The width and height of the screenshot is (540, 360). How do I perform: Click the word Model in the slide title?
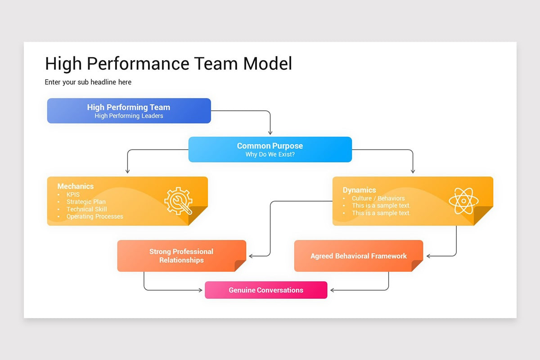pyautogui.click(x=267, y=63)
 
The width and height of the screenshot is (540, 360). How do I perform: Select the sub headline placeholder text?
pyautogui.click(x=88, y=82)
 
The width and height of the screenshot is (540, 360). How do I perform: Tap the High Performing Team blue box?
pyautogui.click(x=129, y=111)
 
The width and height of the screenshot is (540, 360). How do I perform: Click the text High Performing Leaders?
pyautogui.click(x=129, y=116)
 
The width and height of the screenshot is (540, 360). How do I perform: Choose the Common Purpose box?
pyautogui.click(x=270, y=149)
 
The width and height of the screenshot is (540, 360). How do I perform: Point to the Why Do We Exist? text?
pyautogui.click(x=270, y=155)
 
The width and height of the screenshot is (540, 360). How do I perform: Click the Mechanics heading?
pyautogui.click(x=76, y=186)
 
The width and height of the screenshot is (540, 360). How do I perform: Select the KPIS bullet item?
pyautogui.click(x=73, y=194)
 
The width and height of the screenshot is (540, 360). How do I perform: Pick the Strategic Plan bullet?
pyautogui.click(x=86, y=202)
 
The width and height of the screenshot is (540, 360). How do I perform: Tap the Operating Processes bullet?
pyautogui.click(x=94, y=216)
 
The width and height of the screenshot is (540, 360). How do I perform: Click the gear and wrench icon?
pyautogui.click(x=178, y=201)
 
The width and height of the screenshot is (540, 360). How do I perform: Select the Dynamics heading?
pyautogui.click(x=359, y=190)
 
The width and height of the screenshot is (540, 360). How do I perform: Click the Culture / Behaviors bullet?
pyautogui.click(x=378, y=198)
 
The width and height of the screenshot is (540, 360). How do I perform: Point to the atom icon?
pyautogui.click(x=463, y=201)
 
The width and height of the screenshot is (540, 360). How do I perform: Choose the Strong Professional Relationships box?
pyautogui.click(x=181, y=256)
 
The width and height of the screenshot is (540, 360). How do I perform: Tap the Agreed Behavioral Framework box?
pyautogui.click(x=358, y=256)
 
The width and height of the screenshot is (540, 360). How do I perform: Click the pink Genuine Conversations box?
pyautogui.click(x=266, y=290)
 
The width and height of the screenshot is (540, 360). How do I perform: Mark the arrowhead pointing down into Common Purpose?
pyautogui.click(x=270, y=133)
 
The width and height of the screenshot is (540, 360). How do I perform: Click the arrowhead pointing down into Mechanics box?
pyautogui.click(x=128, y=171)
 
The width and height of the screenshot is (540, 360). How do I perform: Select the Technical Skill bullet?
pyautogui.click(x=86, y=209)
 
